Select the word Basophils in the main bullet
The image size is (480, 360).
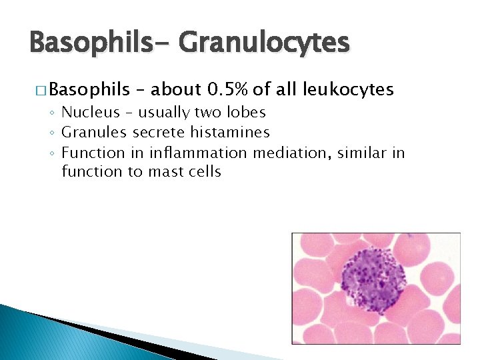88,89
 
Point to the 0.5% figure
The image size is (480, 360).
228,89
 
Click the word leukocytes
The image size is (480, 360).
348,89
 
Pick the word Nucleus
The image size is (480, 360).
91,112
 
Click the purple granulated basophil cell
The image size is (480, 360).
373,285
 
